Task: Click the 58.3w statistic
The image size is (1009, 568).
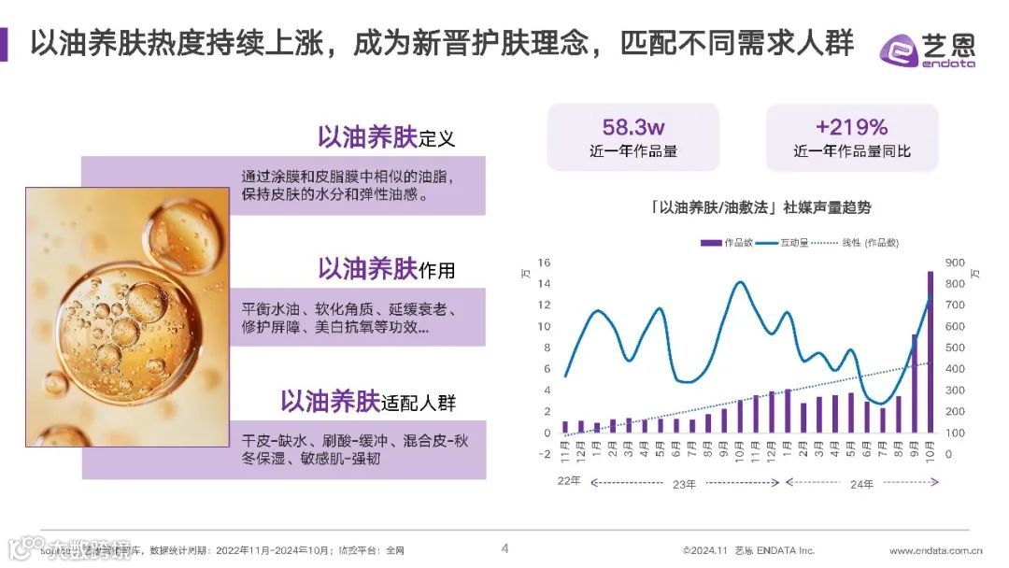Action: (x=632, y=127)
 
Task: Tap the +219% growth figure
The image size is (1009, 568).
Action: (x=851, y=127)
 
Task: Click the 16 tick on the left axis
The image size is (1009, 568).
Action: (x=544, y=263)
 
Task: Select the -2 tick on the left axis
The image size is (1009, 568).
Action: (x=544, y=455)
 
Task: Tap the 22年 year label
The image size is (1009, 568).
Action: (x=569, y=483)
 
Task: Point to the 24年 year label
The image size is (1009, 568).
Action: (x=861, y=483)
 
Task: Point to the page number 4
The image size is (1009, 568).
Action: (x=504, y=548)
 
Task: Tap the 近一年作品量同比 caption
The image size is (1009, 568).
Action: (x=851, y=151)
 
